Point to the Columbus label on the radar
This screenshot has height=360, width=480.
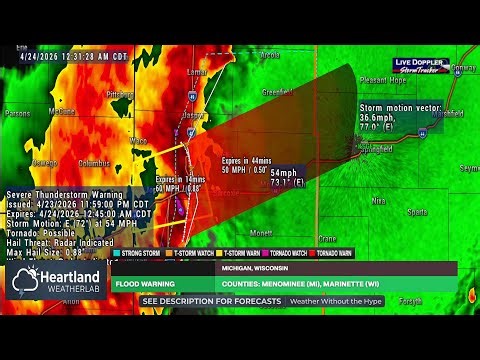click(94, 163)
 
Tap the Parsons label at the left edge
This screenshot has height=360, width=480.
click(17, 114)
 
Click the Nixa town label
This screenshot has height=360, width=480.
click(378, 200)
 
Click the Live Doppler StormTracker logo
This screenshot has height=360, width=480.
click(419, 65)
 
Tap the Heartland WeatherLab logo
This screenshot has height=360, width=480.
click(56, 282)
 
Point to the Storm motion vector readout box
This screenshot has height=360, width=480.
click(400, 116)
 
